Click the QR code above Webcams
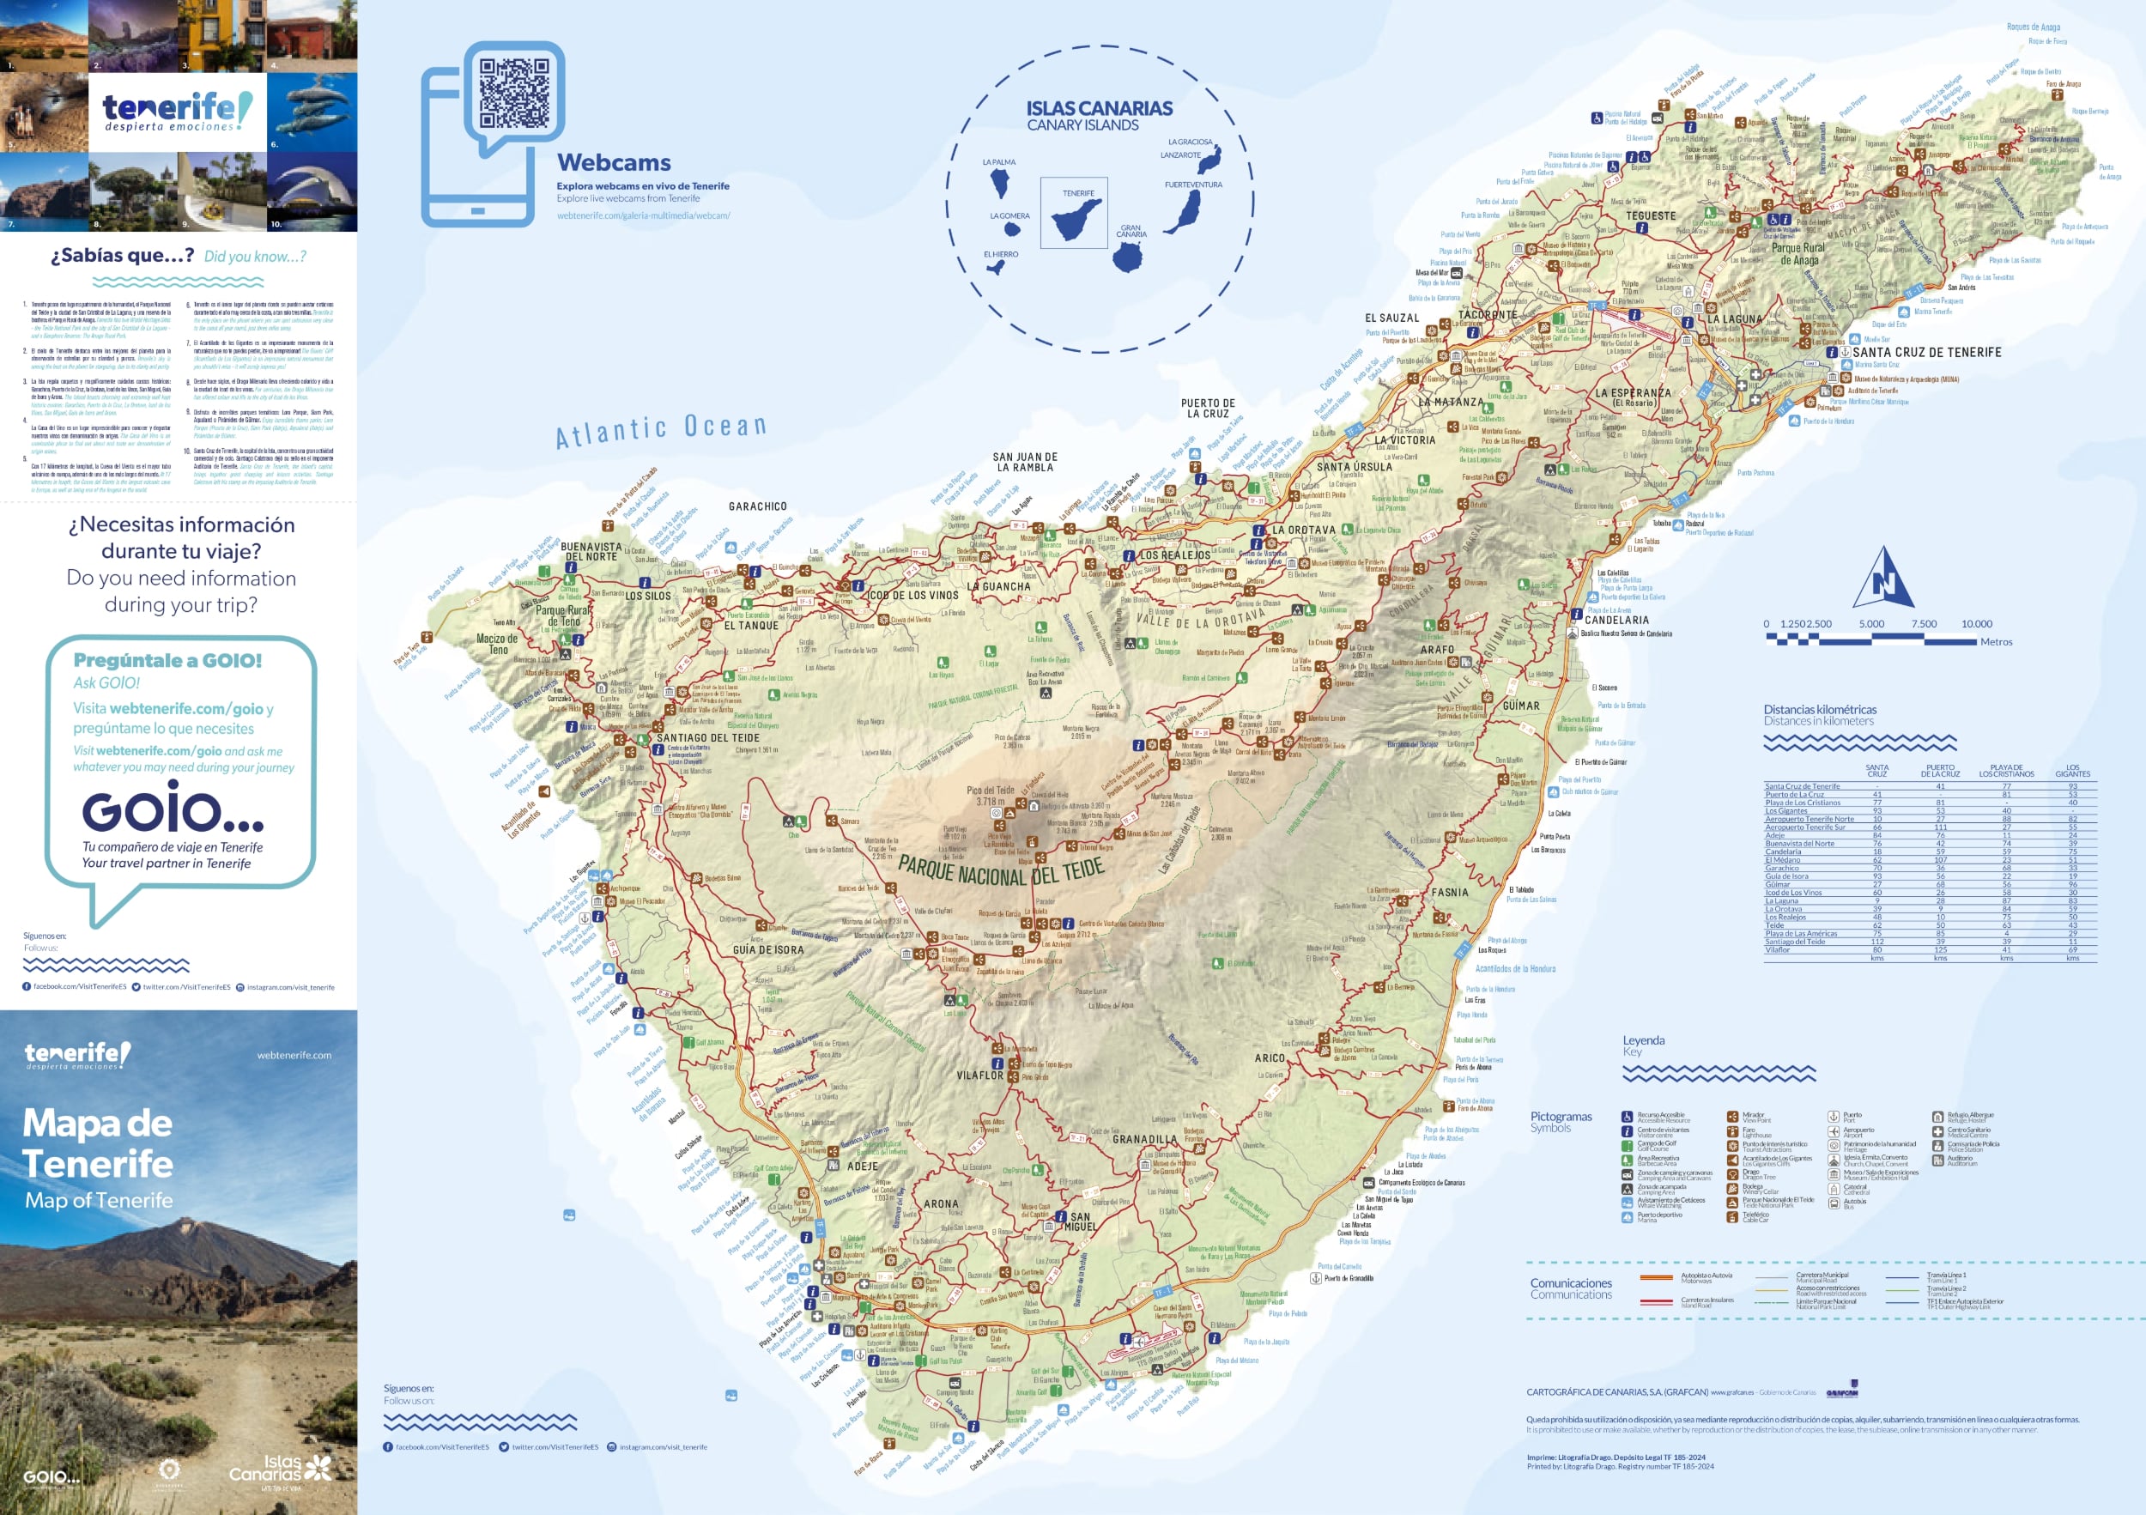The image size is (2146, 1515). click(x=514, y=94)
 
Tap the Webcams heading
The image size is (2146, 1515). click(x=613, y=162)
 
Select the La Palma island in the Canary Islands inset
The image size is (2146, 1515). click(x=1000, y=181)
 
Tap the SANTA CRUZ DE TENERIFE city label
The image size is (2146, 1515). click(x=1926, y=352)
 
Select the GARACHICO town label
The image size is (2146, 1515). click(x=757, y=506)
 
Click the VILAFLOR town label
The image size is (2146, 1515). click(x=979, y=1076)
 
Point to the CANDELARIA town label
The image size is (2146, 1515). click(x=1616, y=620)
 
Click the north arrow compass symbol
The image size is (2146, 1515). click(x=1882, y=579)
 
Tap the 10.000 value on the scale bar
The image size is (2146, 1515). click(x=1976, y=623)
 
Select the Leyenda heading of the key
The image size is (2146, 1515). click(x=1643, y=1040)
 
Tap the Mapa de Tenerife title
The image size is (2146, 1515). click(x=98, y=1144)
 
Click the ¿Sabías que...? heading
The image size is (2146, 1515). click(x=123, y=256)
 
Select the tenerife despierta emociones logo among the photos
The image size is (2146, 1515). click(x=178, y=112)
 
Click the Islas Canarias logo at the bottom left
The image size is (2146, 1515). click(x=280, y=1469)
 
